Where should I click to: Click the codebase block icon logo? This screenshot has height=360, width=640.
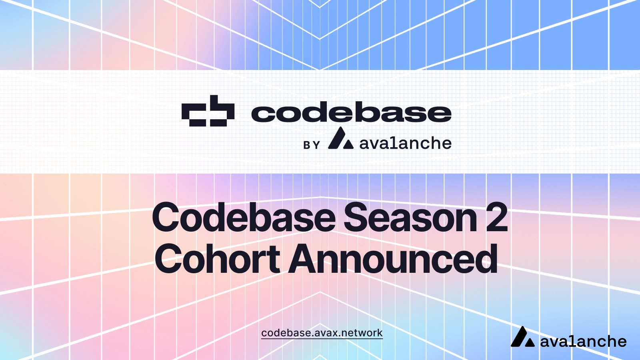pyautogui.click(x=208, y=111)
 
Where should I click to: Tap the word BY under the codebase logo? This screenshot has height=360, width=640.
pyautogui.click(x=312, y=145)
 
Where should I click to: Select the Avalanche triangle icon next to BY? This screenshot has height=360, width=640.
pyautogui.click(x=340, y=139)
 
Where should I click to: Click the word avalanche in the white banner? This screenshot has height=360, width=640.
pyautogui.click(x=405, y=143)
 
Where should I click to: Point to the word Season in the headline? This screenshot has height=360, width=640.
pyautogui.click(x=410, y=218)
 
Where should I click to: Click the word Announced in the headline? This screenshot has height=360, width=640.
pyautogui.click(x=393, y=259)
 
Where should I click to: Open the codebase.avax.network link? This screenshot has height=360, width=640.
pyautogui.click(x=322, y=333)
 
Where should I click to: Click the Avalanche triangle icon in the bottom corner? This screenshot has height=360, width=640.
pyautogui.click(x=522, y=337)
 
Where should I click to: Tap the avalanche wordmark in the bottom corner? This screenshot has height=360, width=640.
pyautogui.click(x=583, y=342)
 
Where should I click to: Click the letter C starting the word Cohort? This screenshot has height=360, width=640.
pyautogui.click(x=168, y=259)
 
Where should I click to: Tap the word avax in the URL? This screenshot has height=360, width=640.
pyautogui.click(x=326, y=333)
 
